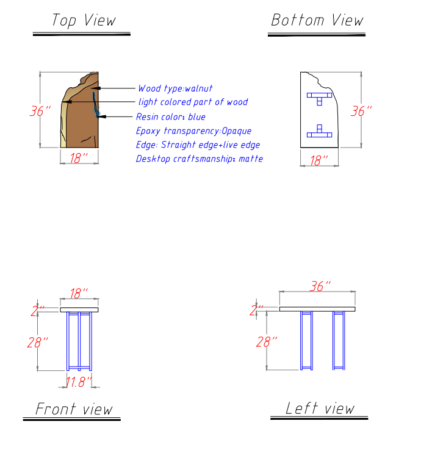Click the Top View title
point(83,20)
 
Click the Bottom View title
point(317,20)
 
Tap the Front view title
point(74,408)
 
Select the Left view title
point(320,408)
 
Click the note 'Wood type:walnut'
point(175,88)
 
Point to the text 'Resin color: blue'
point(171,117)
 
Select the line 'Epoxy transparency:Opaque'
point(193,131)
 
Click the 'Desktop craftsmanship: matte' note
point(200,159)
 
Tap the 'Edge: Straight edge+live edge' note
point(198,145)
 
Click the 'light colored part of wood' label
point(193,102)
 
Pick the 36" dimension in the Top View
point(40,112)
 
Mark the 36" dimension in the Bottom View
point(361,112)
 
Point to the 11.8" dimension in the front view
point(79,382)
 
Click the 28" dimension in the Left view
point(267,342)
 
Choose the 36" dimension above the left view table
point(320,286)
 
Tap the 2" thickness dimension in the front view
point(37,310)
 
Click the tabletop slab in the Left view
point(317,309)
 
